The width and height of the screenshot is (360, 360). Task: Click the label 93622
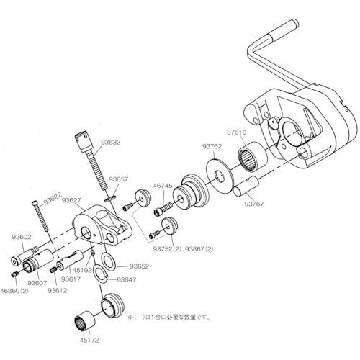click(x=50, y=194)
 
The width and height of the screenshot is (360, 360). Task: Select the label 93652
click(x=129, y=266)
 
